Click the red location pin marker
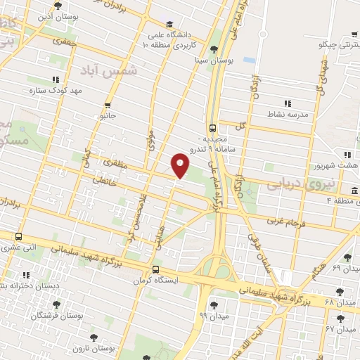[x=181, y=165]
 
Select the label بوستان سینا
[x=215, y=61]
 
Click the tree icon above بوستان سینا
[x=214, y=49]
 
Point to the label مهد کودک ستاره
[x=57, y=91]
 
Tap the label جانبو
[x=107, y=114]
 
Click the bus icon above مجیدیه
[x=212, y=128]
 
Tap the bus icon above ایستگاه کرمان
[x=155, y=269]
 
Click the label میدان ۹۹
[x=212, y=316]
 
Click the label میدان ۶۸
[x=342, y=302]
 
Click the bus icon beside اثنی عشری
[x=18, y=237]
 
